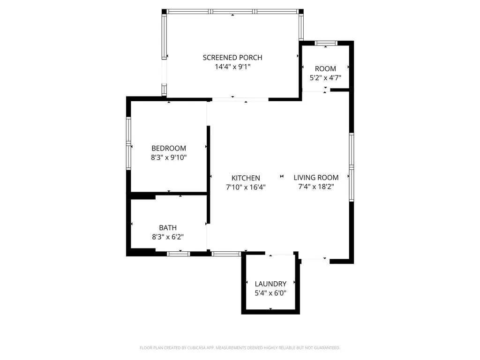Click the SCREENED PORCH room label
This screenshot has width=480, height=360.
pos(232,58)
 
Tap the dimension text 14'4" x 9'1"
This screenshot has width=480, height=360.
pos(232,67)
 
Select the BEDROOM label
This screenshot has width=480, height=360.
pos(168,148)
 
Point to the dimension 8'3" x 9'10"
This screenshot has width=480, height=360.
pos(168,157)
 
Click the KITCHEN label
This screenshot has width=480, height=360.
pos(246,178)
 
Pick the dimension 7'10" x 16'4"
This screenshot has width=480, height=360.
pos(246,187)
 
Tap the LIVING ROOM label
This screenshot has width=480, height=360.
pos(316,178)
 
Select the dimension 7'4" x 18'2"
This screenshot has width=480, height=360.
pos(316,187)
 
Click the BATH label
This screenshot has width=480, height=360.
pos(167,228)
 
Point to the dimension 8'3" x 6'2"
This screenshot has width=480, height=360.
pos(167,237)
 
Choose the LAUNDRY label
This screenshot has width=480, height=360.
pos(270,284)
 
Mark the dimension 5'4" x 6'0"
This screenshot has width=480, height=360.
pos(270,293)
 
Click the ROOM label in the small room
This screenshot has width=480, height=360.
pos(325,69)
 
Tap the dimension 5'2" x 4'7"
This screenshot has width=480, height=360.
pos(325,78)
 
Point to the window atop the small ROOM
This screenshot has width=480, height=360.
pos(326,43)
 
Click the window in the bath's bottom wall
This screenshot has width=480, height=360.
pos(179,254)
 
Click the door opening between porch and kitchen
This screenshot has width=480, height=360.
pos(240,99)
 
